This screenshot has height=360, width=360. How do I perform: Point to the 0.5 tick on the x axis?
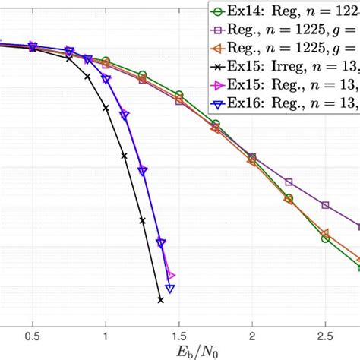pyautogui.click(x=32, y=335)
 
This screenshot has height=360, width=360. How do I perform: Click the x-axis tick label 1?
pyautogui.click(x=106, y=335)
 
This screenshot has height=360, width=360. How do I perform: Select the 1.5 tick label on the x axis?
pyautogui.click(x=178, y=335)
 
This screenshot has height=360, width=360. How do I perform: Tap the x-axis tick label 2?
pyautogui.click(x=252, y=335)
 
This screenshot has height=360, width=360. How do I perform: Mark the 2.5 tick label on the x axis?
pyautogui.click(x=325, y=335)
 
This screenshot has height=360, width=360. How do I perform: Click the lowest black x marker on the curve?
pyautogui.click(x=161, y=300)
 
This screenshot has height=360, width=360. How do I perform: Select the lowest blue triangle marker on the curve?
pyautogui.click(x=170, y=289)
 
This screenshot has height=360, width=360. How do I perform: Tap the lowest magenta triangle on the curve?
pyautogui.click(x=171, y=276)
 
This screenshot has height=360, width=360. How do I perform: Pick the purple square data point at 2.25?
pyautogui.click(x=289, y=182)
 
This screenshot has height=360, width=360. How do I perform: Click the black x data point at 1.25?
pyautogui.click(x=142, y=221)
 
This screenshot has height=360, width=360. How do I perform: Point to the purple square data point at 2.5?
pyautogui.click(x=325, y=205)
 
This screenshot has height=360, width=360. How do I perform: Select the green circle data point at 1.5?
pyautogui.click(x=179, y=95)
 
